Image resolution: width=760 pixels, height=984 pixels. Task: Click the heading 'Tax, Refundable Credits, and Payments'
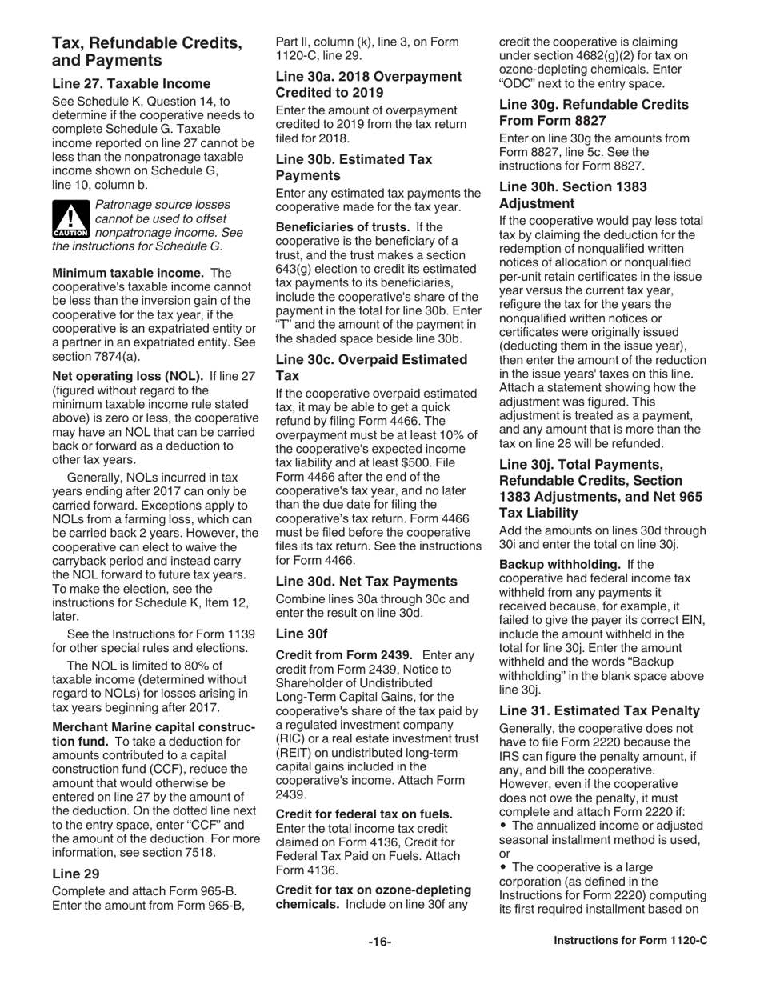[147, 51]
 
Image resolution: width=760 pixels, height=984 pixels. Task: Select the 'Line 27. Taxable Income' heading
[131, 83]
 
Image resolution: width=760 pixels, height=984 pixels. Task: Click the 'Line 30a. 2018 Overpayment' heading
[368, 77]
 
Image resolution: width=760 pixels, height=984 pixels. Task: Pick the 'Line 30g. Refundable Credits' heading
[594, 105]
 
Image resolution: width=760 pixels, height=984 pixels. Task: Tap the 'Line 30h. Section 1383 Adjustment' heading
[573, 194]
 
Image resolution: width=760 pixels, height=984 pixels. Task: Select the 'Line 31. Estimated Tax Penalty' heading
[599, 710]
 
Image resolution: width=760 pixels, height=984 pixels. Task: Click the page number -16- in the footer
[379, 964]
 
